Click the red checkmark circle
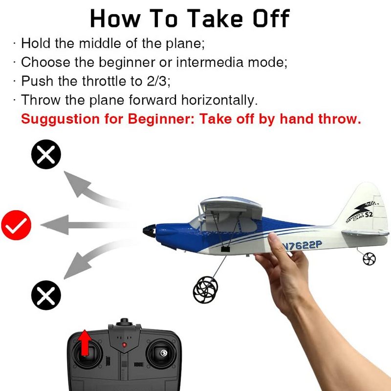[x=16, y=225]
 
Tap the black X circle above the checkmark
[x=46, y=154]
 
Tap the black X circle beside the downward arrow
[x=46, y=295]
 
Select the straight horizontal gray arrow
[x=85, y=225]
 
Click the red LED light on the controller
[x=124, y=345]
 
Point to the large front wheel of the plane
[x=205, y=290]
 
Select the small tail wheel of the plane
[x=369, y=259]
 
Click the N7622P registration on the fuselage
[x=302, y=245]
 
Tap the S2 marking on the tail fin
[x=369, y=215]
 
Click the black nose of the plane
[x=150, y=231]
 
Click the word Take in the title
[x=215, y=18]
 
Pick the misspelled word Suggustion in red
[x=60, y=119]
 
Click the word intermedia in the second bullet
[x=210, y=62]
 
